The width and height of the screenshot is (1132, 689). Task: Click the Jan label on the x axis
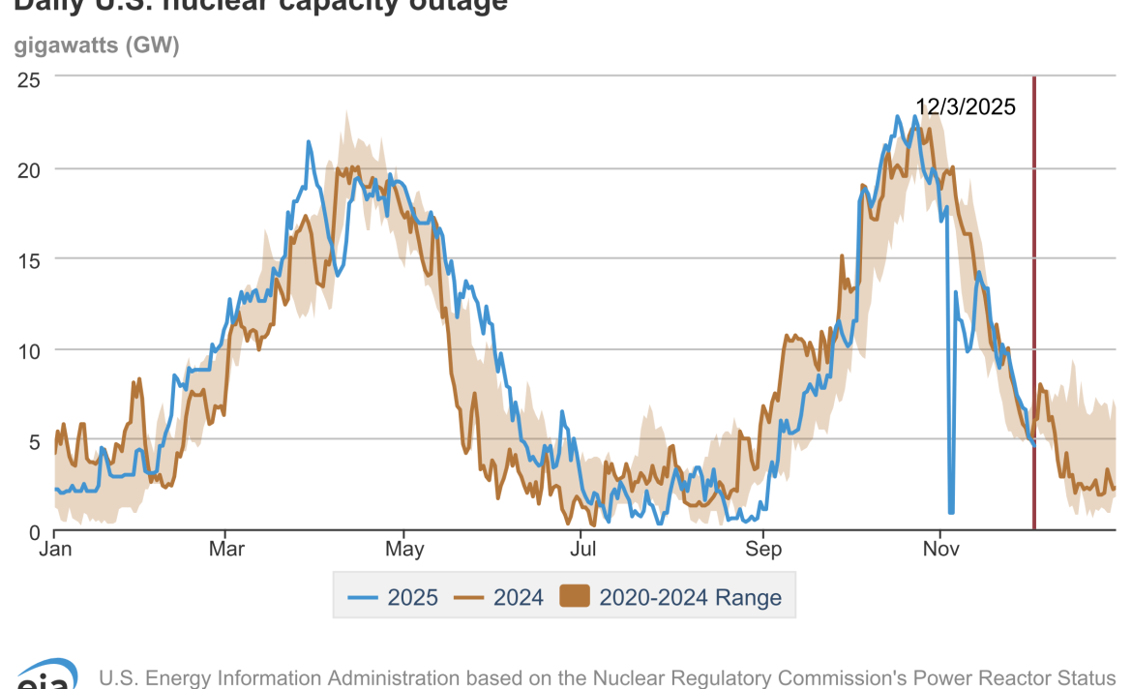tap(54, 551)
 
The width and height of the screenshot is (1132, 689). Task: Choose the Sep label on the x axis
tap(762, 551)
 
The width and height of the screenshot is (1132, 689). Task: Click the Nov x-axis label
tap(940, 551)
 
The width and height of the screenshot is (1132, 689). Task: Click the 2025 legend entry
tap(396, 597)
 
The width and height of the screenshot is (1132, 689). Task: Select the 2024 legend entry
tap(501, 597)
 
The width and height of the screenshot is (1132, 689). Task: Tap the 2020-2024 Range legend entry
tap(671, 597)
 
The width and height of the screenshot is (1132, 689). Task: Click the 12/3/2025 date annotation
tap(966, 107)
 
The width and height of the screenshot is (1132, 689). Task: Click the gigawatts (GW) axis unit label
tap(97, 45)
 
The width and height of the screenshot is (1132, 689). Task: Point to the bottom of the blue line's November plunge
tap(951, 511)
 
